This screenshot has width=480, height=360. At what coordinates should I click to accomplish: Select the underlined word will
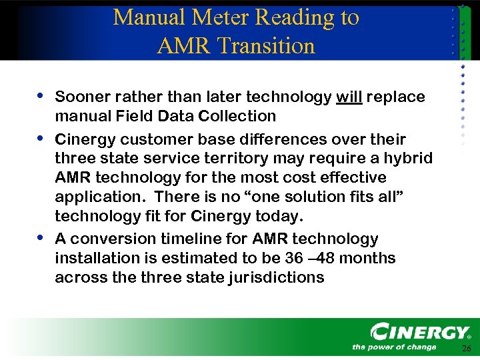click(349, 97)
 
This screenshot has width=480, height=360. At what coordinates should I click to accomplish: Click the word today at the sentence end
click(281, 217)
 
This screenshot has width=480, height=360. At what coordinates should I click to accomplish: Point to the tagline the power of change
click(394, 347)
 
